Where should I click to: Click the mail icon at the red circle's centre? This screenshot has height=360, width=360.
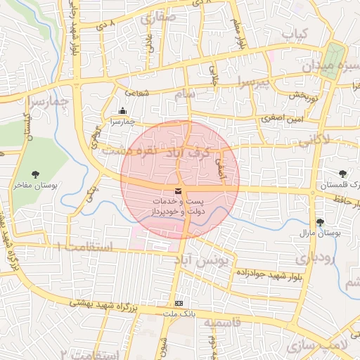[x=179, y=191]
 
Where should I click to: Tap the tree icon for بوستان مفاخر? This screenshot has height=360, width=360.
[x=36, y=174]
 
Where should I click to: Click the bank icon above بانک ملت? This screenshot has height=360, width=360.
[x=179, y=303]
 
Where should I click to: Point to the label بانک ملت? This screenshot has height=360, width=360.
[x=179, y=313]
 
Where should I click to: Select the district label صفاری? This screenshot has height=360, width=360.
[x=157, y=20]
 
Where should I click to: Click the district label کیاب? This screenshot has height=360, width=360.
[x=295, y=33]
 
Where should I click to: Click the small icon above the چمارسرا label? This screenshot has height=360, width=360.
[x=124, y=110]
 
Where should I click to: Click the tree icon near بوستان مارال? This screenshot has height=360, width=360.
[x=321, y=221]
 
